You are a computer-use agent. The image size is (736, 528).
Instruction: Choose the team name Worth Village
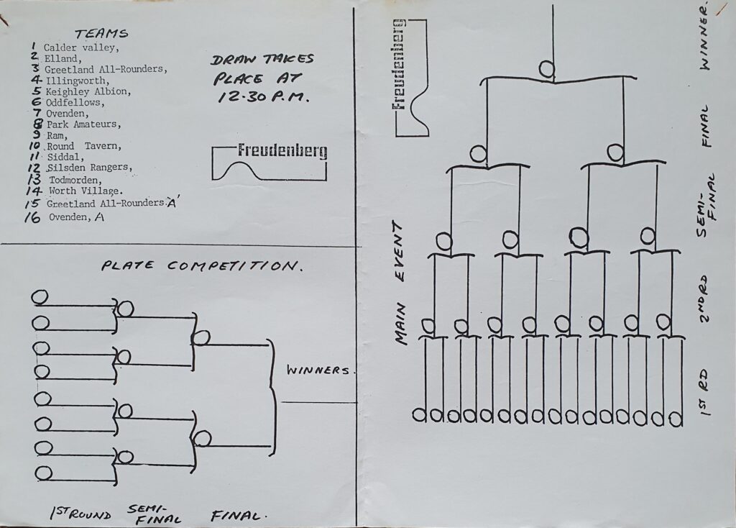coord(87,191)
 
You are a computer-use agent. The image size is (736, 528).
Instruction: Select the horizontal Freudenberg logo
coord(282,152)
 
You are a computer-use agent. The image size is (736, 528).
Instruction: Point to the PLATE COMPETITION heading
coord(200,266)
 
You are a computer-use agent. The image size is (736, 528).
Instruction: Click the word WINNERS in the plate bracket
coord(319,371)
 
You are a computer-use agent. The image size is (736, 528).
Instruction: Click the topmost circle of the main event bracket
coord(546,69)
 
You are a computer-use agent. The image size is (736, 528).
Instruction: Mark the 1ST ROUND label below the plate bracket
coord(80,514)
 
